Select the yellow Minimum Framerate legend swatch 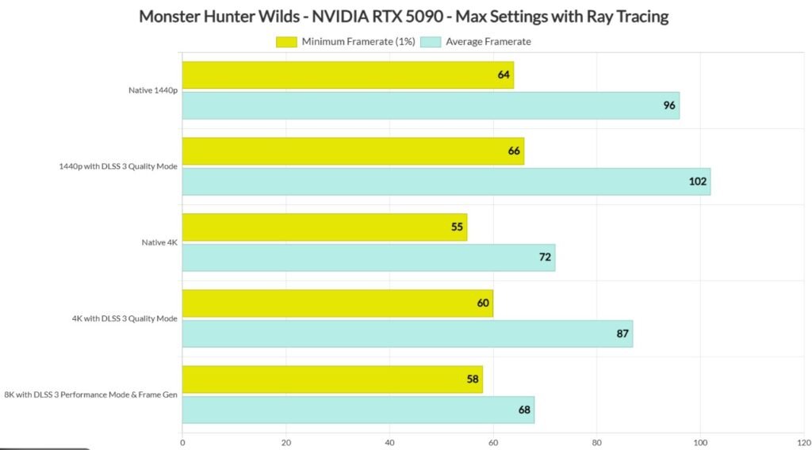(x=286, y=41)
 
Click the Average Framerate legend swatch (x=432, y=41)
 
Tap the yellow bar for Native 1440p (x=347, y=75)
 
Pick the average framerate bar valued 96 (x=430, y=105)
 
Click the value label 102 (x=698, y=181)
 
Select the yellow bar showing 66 (x=353, y=151)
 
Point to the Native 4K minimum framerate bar (x=324, y=227)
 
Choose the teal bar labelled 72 (x=368, y=257)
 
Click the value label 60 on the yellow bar (x=483, y=303)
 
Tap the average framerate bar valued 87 (x=407, y=334)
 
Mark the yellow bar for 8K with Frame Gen (x=332, y=379)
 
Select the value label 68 (x=524, y=410)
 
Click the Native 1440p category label (x=153, y=90)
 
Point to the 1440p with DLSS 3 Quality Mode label (x=119, y=166)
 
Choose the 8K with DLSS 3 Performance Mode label (x=91, y=395)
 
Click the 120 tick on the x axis (x=802, y=442)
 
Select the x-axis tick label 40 (x=389, y=442)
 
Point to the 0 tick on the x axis (x=182, y=442)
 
